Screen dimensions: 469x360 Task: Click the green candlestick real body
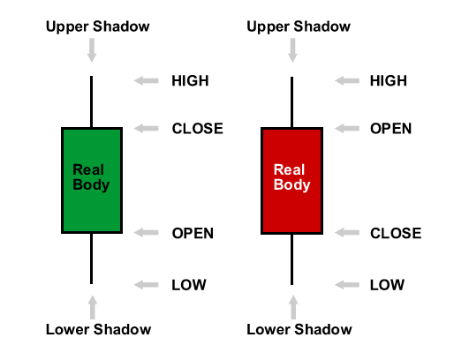click(92, 181)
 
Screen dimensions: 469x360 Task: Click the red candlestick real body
click(292, 181)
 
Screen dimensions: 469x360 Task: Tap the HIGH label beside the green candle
click(190, 80)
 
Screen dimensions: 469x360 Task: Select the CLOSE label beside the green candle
click(198, 129)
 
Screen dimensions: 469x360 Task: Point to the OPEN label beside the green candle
click(193, 233)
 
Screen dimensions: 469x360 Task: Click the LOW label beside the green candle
click(189, 285)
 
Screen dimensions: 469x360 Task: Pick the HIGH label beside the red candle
click(389, 80)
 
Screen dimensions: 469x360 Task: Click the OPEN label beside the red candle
click(390, 129)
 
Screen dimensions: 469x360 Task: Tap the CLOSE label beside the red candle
click(396, 233)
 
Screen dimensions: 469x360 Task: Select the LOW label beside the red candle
click(387, 285)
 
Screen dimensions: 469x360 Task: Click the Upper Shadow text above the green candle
click(97, 26)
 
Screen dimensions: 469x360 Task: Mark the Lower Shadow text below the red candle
click(299, 329)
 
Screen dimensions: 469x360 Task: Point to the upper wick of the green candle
click(92, 101)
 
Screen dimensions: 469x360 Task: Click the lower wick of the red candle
click(292, 259)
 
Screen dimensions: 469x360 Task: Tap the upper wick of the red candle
click(292, 102)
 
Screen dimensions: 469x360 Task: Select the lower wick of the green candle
click(92, 259)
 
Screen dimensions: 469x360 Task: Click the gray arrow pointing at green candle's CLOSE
click(147, 129)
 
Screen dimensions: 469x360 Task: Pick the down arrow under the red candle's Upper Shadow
click(292, 50)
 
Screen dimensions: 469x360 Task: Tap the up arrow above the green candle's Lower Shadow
click(93, 307)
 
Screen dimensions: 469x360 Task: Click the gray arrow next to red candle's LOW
click(347, 285)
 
